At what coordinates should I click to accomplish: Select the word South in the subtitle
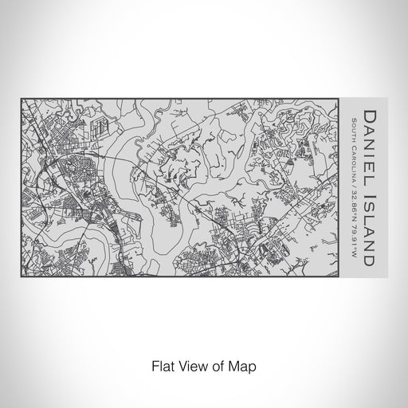pos(353,128)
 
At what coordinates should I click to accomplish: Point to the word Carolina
pos(353,163)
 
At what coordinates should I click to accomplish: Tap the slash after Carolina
pos(353,188)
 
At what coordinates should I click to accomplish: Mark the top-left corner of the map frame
pos(21,98)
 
